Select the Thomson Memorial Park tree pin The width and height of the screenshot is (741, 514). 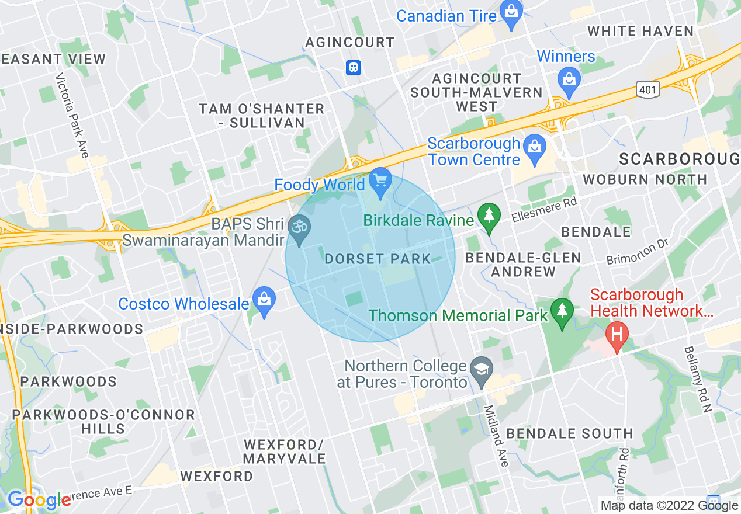click(562, 312)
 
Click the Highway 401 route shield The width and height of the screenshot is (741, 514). click(648, 89)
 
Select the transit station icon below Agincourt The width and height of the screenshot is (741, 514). click(353, 68)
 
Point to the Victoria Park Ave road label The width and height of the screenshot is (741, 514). click(72, 115)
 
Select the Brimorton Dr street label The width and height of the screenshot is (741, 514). click(636, 251)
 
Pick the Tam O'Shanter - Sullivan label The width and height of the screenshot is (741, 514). click(261, 116)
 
